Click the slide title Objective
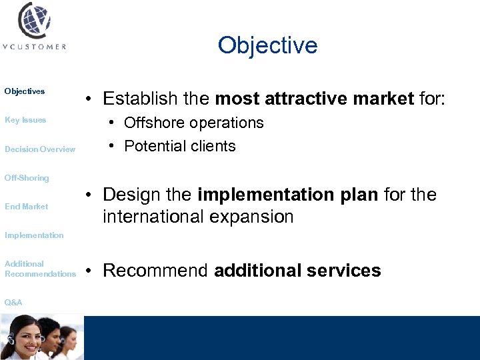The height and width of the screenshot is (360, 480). (267, 45)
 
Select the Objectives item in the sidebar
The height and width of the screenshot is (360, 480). (25, 91)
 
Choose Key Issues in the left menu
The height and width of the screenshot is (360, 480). (25, 120)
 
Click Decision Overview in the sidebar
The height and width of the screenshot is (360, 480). (40, 149)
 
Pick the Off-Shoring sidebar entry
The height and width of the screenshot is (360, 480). (27, 178)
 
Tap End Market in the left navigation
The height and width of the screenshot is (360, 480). (27, 207)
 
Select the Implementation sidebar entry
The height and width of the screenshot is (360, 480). (34, 235)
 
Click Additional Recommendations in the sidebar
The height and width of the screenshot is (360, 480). (40, 269)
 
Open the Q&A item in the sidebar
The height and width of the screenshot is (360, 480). (13, 303)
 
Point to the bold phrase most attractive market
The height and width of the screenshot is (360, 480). (314, 99)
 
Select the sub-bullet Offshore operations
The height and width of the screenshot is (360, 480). (194, 123)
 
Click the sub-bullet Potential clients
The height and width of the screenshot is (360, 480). (180, 147)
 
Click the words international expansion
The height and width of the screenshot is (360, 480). (198, 217)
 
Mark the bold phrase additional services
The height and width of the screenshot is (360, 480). (297, 271)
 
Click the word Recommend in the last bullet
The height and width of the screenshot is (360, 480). (156, 271)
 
